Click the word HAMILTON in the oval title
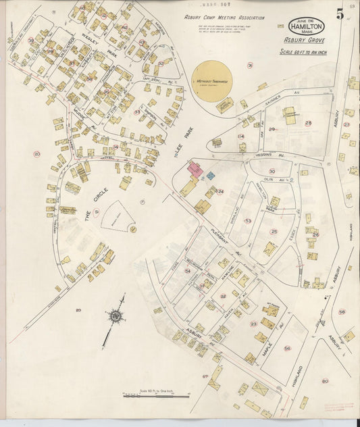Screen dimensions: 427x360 tap(307, 26)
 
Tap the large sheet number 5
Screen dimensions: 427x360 tap(340, 13)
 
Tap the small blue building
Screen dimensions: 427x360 tap(210, 175)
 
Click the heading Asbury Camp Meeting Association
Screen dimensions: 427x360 tap(224, 18)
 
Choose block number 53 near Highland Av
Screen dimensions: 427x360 tap(247, 221)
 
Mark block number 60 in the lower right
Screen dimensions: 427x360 tap(342, 311)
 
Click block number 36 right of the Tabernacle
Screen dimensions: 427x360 tap(250, 66)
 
